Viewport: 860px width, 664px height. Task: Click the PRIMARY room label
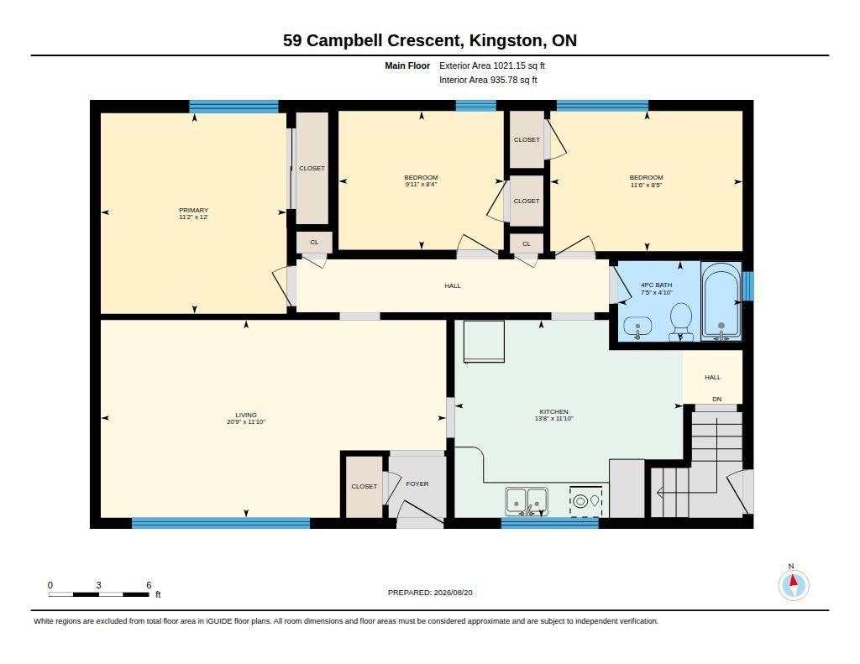click(194, 210)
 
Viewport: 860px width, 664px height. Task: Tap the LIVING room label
click(246, 415)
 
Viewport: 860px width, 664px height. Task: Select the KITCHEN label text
click(554, 412)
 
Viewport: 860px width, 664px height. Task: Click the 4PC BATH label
click(657, 285)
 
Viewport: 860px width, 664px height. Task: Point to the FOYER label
click(417, 484)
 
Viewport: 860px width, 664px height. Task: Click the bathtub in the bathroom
click(721, 301)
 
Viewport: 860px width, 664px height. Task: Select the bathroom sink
click(637, 328)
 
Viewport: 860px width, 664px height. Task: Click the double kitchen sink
click(527, 501)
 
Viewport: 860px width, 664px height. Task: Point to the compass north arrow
click(793, 581)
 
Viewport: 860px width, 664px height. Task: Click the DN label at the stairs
click(717, 400)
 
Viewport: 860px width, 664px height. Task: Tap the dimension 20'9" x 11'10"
click(246, 422)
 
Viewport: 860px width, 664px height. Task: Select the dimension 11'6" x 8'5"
click(647, 185)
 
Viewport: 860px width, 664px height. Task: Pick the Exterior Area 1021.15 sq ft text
click(492, 65)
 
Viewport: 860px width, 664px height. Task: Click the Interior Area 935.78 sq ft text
click(488, 80)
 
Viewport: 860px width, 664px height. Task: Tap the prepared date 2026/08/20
click(453, 593)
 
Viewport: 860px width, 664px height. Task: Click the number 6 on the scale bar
click(149, 585)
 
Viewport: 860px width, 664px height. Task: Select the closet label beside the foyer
click(364, 486)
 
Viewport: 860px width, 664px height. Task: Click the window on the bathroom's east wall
click(748, 285)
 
